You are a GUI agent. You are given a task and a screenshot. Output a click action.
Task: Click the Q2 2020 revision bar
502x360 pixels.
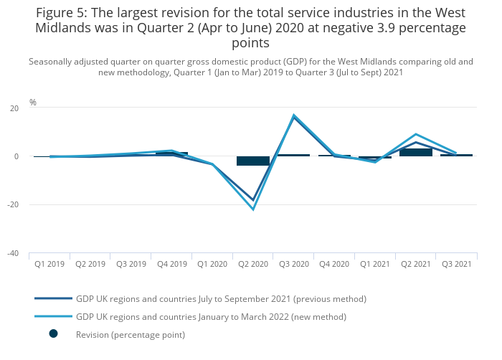[x=253, y=161]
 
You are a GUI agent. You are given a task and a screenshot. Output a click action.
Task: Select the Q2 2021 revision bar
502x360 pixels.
[x=416, y=152]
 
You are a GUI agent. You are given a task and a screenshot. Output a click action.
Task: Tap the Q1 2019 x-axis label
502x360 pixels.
[x=49, y=264]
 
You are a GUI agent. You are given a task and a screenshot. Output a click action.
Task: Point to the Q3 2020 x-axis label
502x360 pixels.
[x=294, y=264]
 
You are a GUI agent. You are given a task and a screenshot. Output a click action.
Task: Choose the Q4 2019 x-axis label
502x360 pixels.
[x=171, y=264]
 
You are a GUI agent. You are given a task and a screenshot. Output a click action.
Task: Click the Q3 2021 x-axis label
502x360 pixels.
[x=457, y=264]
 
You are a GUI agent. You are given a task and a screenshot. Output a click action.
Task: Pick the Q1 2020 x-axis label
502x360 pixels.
[x=212, y=264]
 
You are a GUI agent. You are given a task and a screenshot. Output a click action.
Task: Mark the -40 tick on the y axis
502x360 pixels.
[x=13, y=253]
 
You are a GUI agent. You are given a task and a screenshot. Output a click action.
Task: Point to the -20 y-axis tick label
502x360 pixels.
[x=13, y=204]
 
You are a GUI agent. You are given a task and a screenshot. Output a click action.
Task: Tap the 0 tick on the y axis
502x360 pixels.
[x=16, y=156]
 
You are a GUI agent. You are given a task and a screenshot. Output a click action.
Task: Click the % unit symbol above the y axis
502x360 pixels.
[x=33, y=103]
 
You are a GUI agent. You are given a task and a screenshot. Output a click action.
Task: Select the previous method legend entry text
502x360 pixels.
[x=221, y=298]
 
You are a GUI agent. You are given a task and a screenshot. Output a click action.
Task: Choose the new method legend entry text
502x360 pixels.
[x=211, y=316]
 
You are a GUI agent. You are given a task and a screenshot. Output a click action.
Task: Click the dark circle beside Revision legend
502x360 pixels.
[x=53, y=333]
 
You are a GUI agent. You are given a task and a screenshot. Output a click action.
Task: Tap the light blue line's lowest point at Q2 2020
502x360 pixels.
[x=253, y=209]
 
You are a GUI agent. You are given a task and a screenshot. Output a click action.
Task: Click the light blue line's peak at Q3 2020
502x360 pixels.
[x=294, y=115]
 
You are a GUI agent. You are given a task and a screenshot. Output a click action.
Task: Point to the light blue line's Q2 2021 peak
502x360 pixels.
[x=416, y=134]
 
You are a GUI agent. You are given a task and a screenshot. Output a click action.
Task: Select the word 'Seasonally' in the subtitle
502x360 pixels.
[x=52, y=62]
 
